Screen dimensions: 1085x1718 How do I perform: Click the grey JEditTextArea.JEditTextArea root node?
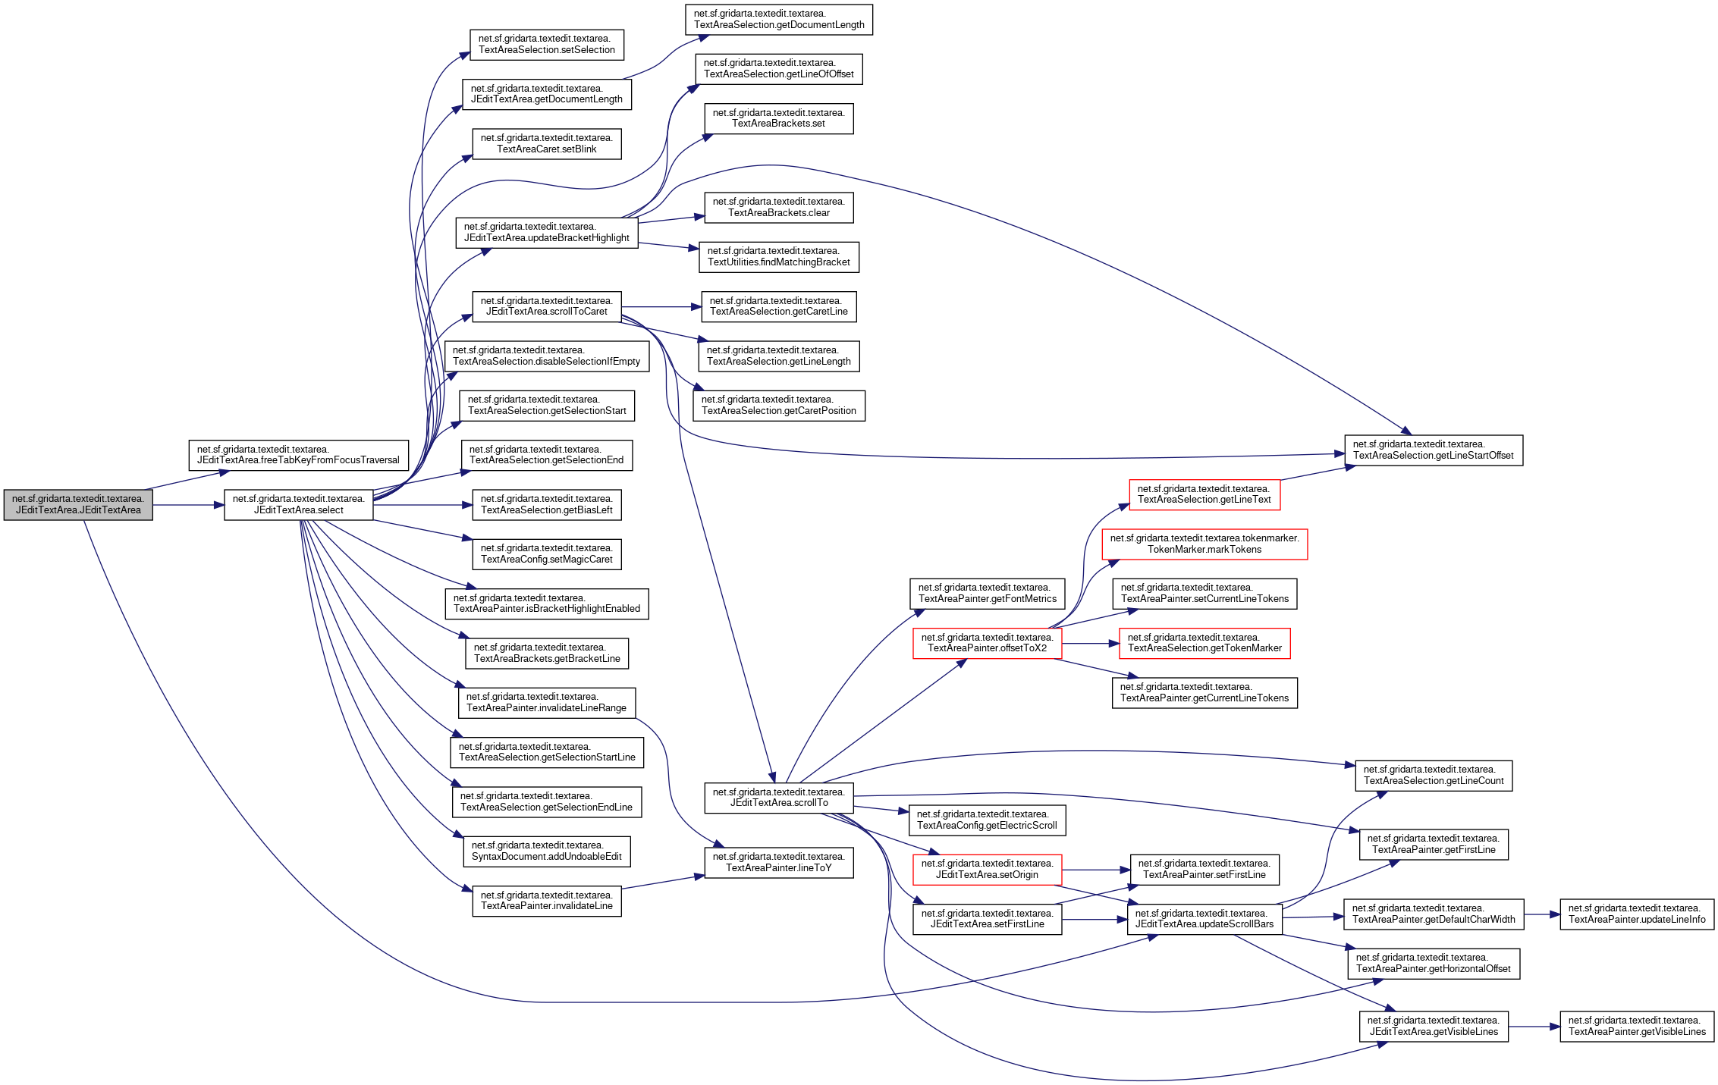[78, 505]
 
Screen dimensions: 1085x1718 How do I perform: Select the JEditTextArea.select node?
[298, 505]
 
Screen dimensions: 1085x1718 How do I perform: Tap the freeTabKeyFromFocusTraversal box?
[298, 455]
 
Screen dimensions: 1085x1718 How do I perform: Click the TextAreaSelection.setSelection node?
[546, 45]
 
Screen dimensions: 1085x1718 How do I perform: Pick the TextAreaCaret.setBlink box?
[546, 144]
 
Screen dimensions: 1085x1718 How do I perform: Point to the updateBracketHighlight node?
[546, 233]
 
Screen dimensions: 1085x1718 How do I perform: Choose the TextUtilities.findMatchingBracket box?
[778, 257]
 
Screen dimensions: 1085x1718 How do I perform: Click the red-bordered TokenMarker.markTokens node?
[1204, 544]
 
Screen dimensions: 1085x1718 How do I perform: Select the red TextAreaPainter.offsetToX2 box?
[987, 643]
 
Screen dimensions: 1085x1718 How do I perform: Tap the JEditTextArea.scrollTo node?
[778, 798]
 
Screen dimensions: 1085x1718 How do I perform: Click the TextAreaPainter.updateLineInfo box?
[1636, 914]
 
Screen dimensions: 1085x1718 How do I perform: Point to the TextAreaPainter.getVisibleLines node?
[1636, 1027]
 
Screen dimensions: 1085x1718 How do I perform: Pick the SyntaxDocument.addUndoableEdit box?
[546, 851]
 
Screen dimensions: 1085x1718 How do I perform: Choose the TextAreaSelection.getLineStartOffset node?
[1433, 450]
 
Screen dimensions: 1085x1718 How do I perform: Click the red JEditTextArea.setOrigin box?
[987, 870]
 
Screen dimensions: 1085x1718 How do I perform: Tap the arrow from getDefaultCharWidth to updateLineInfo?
[1541, 914]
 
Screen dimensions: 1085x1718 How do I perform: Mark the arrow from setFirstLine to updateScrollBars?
[1094, 920]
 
